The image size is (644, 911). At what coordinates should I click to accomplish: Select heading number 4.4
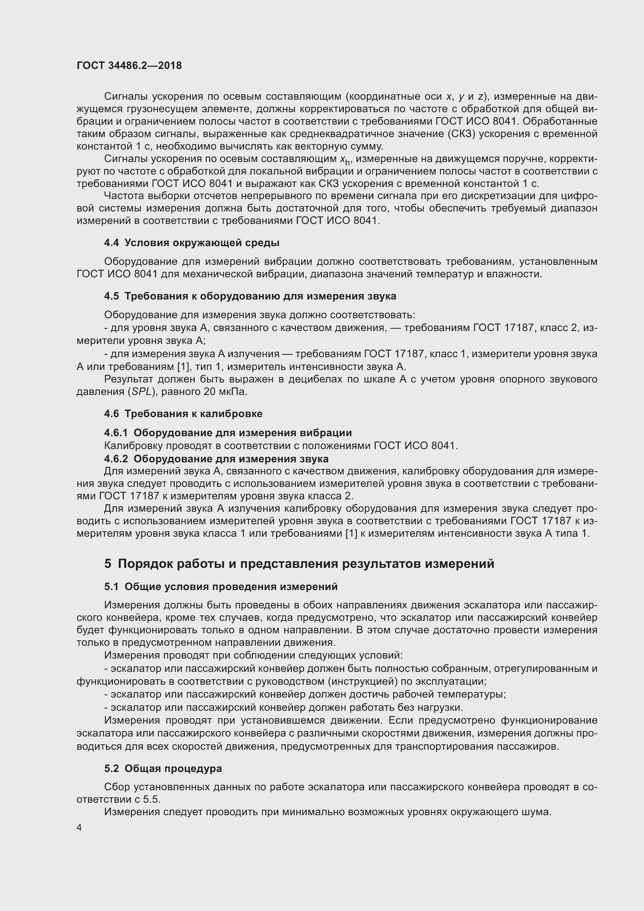111,243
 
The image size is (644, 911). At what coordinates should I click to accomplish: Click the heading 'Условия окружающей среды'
202,243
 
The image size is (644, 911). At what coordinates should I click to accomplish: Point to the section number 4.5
111,296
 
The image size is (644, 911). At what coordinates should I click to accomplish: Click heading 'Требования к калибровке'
194,414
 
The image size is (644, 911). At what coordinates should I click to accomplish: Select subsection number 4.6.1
116,432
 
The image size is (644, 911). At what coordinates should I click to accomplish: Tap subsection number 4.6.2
116,459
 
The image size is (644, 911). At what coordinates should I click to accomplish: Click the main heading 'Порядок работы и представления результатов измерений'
306,564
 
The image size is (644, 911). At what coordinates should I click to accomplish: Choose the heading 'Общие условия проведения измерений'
231,587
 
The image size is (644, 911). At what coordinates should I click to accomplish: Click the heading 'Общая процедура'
173,768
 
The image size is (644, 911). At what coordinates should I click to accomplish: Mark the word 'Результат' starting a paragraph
128,379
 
